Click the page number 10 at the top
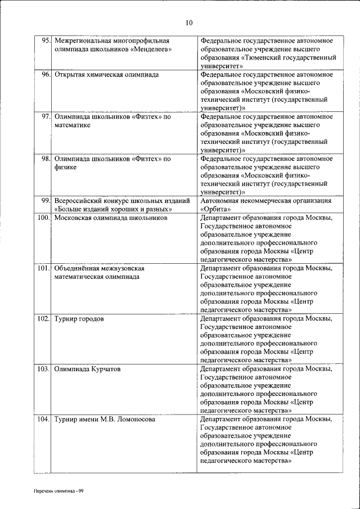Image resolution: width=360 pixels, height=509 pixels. coord(188,22)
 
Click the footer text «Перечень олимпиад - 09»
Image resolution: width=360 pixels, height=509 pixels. coord(58,491)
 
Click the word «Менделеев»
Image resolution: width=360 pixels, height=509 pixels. coord(151,49)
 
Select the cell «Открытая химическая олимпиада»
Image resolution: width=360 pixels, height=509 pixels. coord(106,74)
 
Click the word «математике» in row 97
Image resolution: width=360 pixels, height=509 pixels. coord(73,125)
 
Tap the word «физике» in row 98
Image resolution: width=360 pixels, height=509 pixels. coord(66,167)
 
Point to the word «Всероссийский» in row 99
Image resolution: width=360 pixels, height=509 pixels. coord(79,201)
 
